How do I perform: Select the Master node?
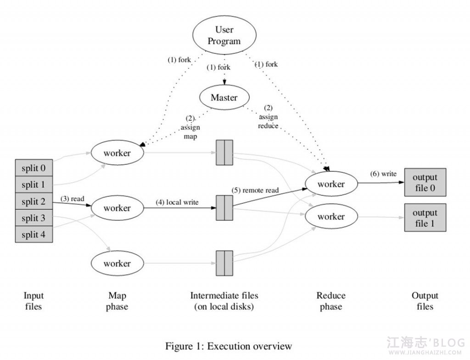point(224,97)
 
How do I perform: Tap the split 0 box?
point(34,168)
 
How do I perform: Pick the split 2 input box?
point(34,201)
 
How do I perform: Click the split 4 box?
point(34,234)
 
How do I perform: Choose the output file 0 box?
point(425,182)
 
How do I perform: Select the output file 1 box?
point(425,218)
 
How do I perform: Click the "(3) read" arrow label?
point(73,199)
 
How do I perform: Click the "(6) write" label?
point(383,174)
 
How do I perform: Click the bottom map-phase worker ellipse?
point(117,263)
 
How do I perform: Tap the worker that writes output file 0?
point(331,184)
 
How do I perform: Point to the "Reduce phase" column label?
point(331,301)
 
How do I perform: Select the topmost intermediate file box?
point(224,152)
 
